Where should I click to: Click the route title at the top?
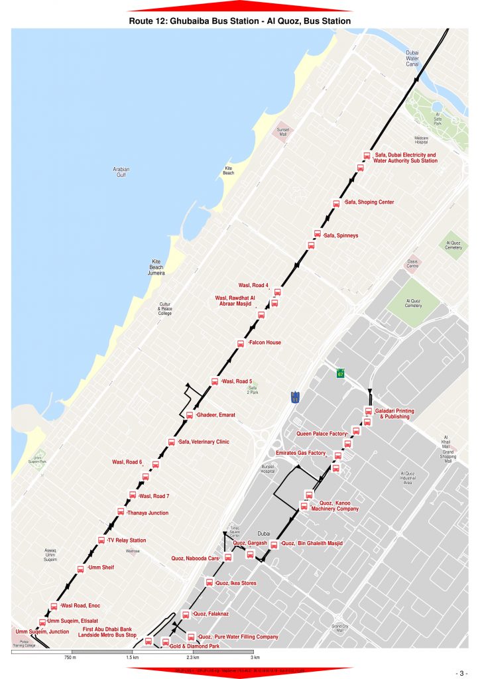tap(239, 21)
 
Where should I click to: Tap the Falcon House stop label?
tap(265, 343)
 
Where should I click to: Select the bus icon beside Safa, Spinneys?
tap(318, 233)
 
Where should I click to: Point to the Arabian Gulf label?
tap(121, 172)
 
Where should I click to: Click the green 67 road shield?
tap(341, 374)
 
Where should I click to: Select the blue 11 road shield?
tap(295, 397)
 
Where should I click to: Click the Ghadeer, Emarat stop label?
tap(215, 415)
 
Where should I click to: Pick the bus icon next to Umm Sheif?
tap(81, 568)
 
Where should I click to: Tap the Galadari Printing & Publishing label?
tap(394, 414)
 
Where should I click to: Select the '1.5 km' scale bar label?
tap(132, 658)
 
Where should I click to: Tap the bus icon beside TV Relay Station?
tap(101, 540)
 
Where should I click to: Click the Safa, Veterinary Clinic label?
tap(204, 442)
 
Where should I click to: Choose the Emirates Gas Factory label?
tap(300, 454)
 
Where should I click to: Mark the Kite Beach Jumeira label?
tap(157, 267)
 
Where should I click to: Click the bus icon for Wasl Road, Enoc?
tap(54, 606)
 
